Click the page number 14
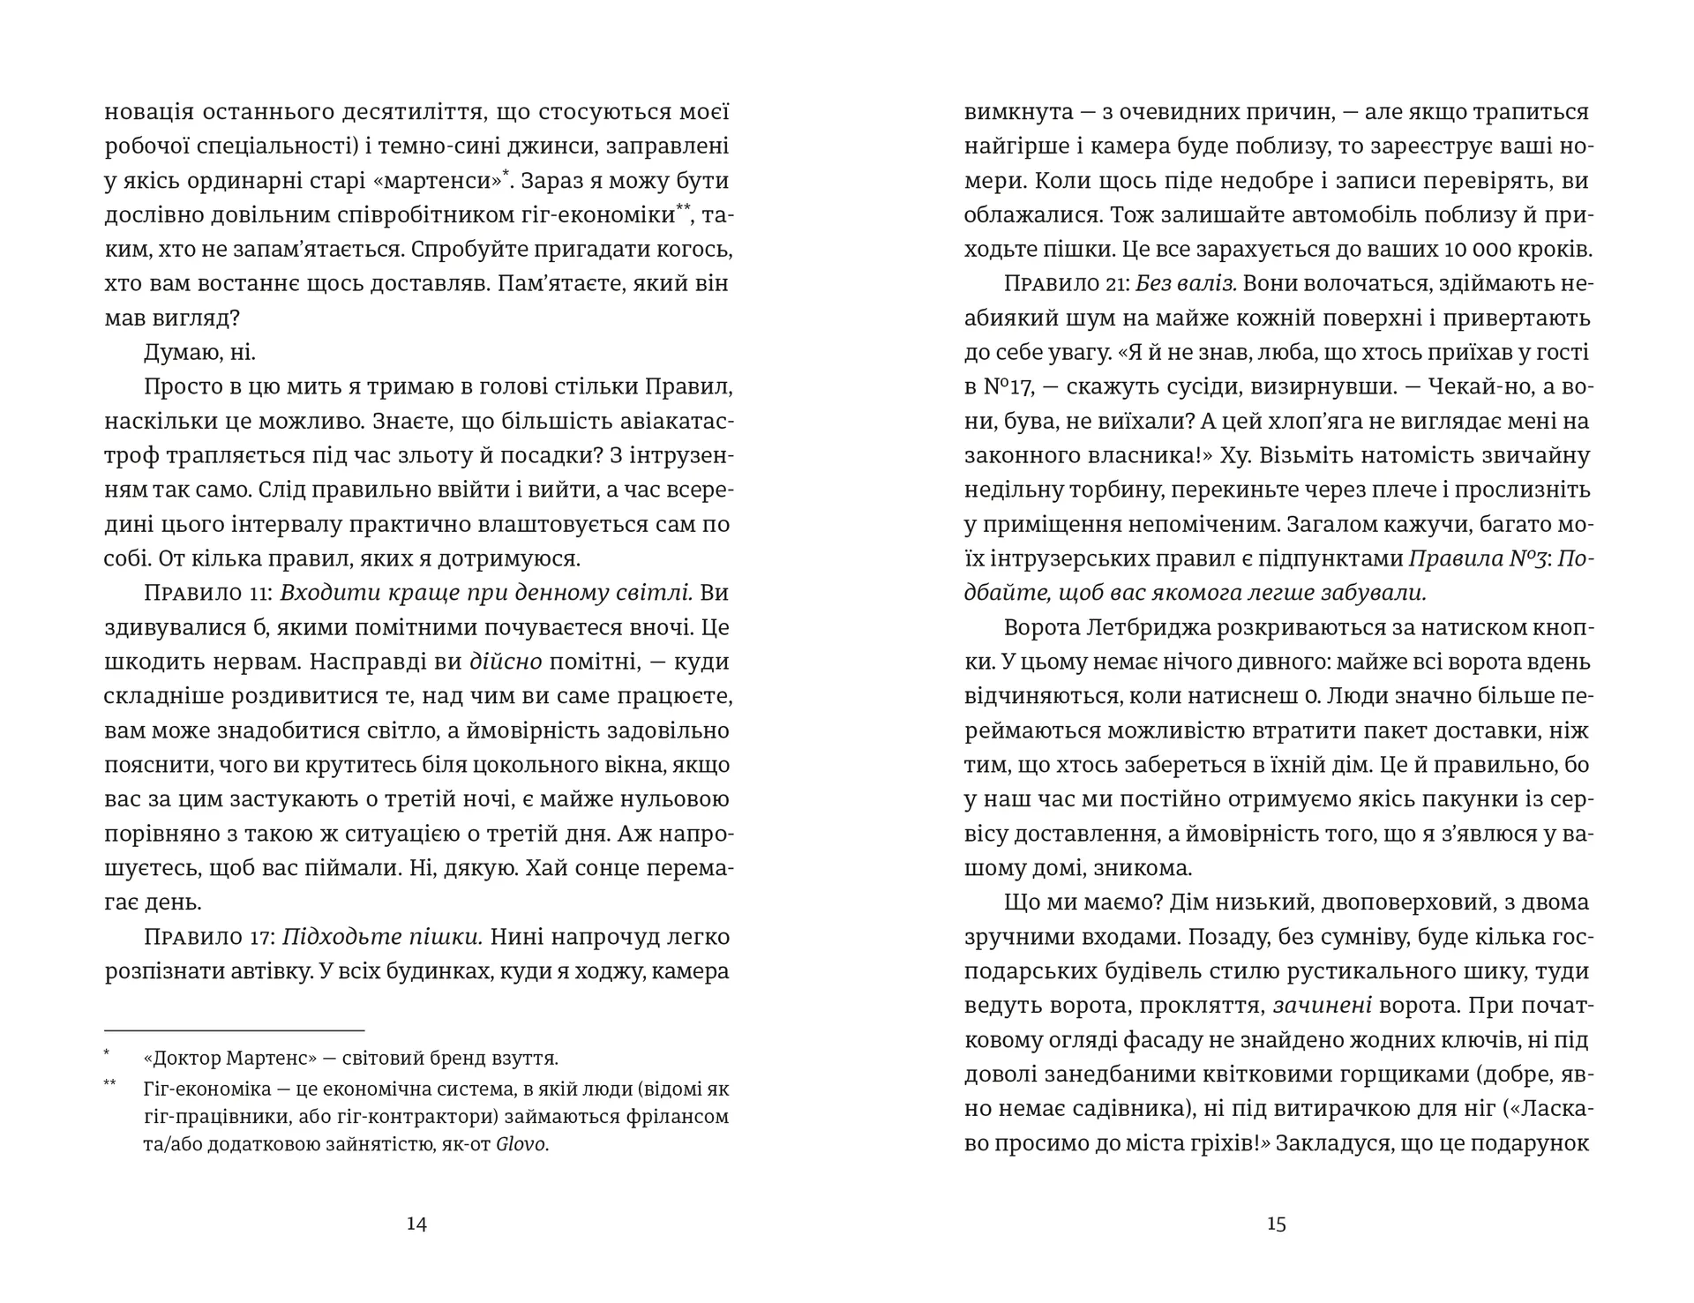click(x=416, y=1224)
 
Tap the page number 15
click(x=1277, y=1224)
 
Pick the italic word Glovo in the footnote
click(x=522, y=1145)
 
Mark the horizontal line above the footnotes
click(x=235, y=1030)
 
